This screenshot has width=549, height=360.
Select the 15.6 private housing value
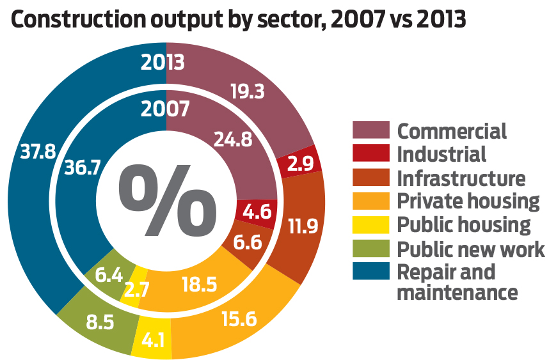click(240, 318)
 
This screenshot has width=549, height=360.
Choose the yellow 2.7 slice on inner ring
click(136, 289)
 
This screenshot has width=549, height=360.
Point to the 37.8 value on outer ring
click(38, 150)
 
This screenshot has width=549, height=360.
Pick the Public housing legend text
click(463, 225)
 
